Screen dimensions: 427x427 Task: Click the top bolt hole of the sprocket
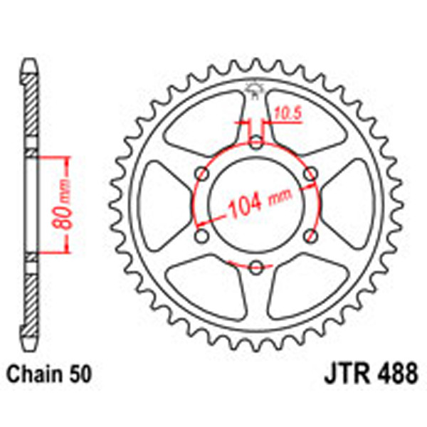[x=256, y=142]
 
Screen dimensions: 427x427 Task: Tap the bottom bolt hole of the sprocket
[x=256, y=267]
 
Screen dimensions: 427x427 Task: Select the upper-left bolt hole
[x=202, y=174]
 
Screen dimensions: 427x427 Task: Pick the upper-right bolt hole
[x=310, y=174]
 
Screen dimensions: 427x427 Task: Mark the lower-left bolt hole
[x=202, y=236]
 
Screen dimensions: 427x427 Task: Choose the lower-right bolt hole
[x=310, y=236]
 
